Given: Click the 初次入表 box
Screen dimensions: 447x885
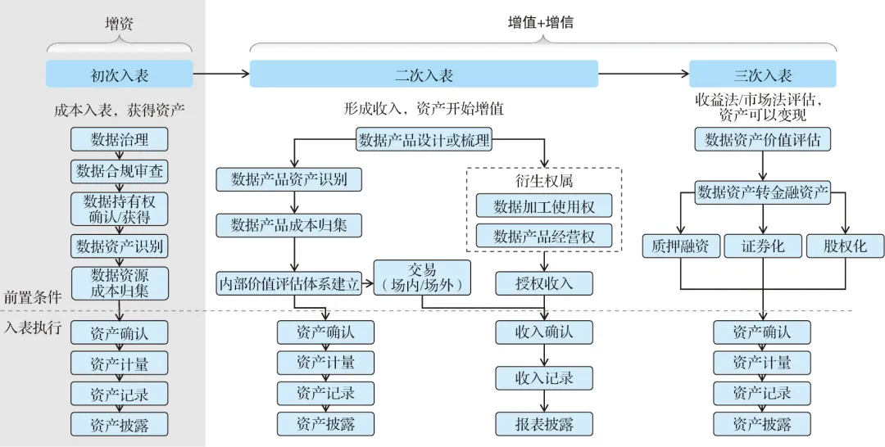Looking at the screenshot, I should tap(120, 74).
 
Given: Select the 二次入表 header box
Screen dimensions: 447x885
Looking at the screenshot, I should tap(424, 74).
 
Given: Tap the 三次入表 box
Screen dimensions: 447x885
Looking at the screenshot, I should tap(762, 74).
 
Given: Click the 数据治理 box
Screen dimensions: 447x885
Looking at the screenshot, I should tap(120, 139).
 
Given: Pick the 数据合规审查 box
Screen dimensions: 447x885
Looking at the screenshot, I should tap(120, 171).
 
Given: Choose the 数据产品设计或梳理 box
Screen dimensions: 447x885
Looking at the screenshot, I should tap(424, 140).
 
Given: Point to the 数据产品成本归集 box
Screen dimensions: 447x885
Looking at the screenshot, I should tap(288, 224).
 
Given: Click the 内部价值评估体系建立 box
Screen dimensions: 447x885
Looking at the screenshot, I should tap(288, 283).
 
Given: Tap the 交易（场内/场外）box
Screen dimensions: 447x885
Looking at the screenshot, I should tap(422, 278).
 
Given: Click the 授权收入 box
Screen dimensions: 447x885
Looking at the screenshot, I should tap(544, 283).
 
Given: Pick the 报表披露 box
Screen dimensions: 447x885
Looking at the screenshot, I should tap(544, 424).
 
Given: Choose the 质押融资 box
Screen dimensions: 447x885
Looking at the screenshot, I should tap(681, 246).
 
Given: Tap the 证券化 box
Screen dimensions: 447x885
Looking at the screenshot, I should tap(762, 246).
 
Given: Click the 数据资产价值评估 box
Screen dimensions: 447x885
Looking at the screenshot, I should tap(762, 140).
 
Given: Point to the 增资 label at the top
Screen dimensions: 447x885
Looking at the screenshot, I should tap(119, 24).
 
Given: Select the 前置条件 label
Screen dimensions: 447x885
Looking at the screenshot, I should tap(33, 297).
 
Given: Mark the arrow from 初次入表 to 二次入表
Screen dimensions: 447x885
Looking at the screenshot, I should tap(221, 74).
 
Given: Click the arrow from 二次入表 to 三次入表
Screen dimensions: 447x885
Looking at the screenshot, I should tap(643, 74).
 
